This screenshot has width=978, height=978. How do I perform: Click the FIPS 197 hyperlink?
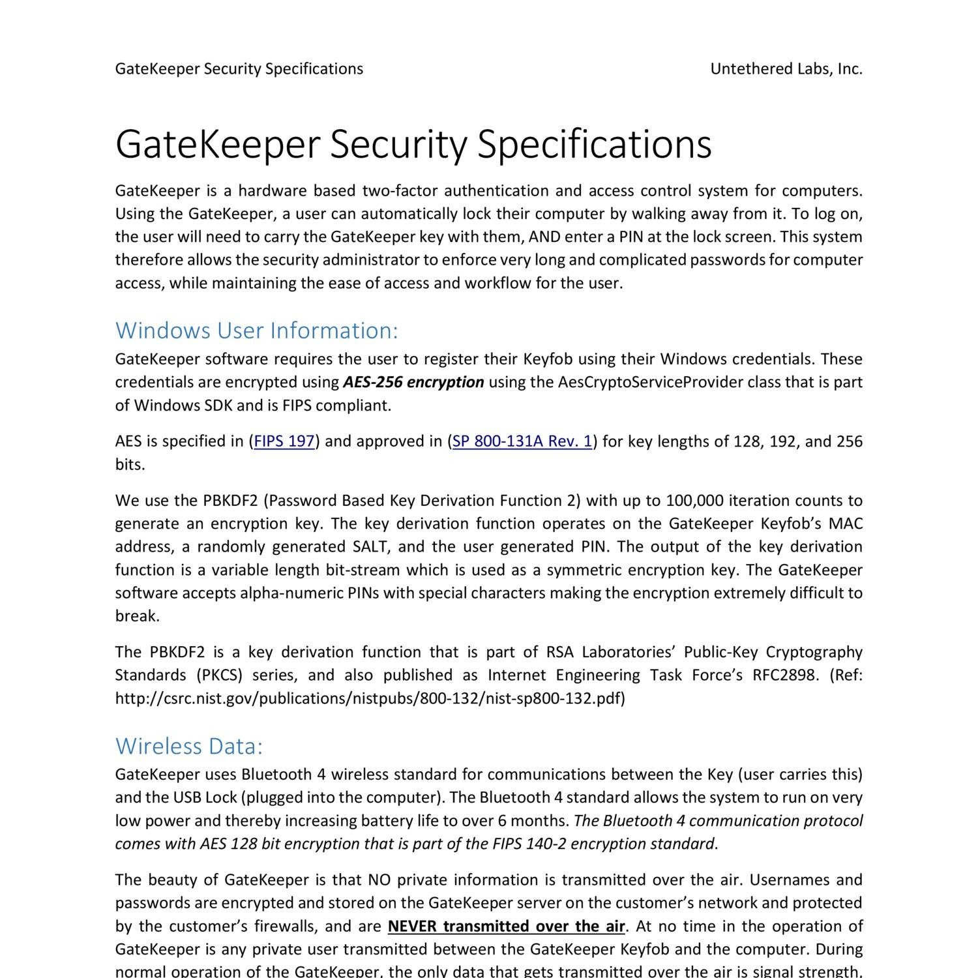(284, 441)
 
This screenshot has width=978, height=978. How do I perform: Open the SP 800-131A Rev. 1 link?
(522, 441)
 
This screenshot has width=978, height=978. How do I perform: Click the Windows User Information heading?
(256, 331)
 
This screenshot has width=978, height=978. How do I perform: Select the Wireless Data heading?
(189, 746)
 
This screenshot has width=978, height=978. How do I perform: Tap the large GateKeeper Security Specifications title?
(413, 144)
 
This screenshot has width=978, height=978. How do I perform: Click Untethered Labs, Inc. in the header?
(786, 69)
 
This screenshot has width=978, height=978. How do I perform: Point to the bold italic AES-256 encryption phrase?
(413, 382)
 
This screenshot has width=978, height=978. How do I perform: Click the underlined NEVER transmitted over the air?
(507, 926)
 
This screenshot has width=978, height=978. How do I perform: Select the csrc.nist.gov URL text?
(370, 698)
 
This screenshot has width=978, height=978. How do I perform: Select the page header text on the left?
(239, 69)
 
